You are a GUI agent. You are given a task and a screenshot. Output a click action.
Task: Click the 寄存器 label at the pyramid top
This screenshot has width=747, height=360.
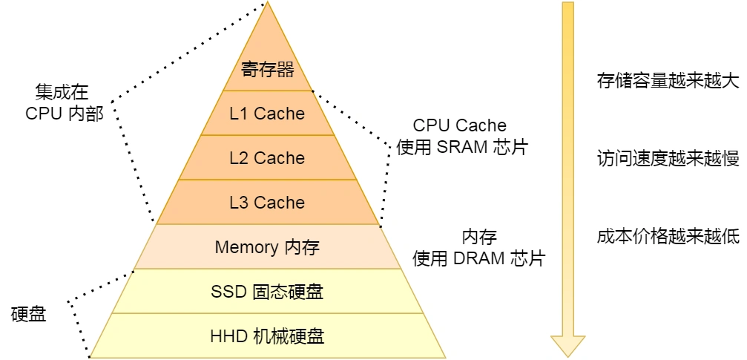[268, 70]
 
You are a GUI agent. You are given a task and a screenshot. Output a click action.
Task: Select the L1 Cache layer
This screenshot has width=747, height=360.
[267, 114]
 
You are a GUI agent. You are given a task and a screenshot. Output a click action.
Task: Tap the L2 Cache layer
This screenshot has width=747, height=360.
[267, 158]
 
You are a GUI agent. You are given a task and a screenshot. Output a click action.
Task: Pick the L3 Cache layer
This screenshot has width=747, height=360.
[267, 203]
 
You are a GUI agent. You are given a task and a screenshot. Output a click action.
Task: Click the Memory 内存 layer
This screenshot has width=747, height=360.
[267, 247]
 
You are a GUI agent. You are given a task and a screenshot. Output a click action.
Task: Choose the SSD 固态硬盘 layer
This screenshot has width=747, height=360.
[267, 292]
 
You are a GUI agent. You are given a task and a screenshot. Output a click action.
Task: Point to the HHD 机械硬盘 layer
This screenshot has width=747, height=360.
[267, 336]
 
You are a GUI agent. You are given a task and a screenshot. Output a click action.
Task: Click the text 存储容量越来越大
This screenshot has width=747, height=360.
[668, 80]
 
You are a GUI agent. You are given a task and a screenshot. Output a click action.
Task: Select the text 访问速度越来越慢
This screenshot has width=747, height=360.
[668, 158]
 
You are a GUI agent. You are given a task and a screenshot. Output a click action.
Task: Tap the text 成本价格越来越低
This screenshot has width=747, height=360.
[668, 236]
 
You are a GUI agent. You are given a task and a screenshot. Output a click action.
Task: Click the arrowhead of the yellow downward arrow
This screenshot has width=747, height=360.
[567, 345]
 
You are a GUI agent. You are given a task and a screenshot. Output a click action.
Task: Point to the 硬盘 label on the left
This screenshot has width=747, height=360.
[29, 314]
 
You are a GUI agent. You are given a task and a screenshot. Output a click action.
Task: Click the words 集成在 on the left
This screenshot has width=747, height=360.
[62, 92]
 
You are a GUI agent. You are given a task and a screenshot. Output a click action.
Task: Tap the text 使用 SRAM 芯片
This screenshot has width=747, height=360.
[461, 146]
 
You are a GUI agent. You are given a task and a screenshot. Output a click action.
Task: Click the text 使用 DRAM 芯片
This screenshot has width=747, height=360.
[479, 258]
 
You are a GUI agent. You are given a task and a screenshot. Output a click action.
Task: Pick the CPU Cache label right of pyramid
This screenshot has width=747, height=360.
[460, 125]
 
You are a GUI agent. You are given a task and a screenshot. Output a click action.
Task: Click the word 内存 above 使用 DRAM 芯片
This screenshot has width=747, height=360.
[479, 238]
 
